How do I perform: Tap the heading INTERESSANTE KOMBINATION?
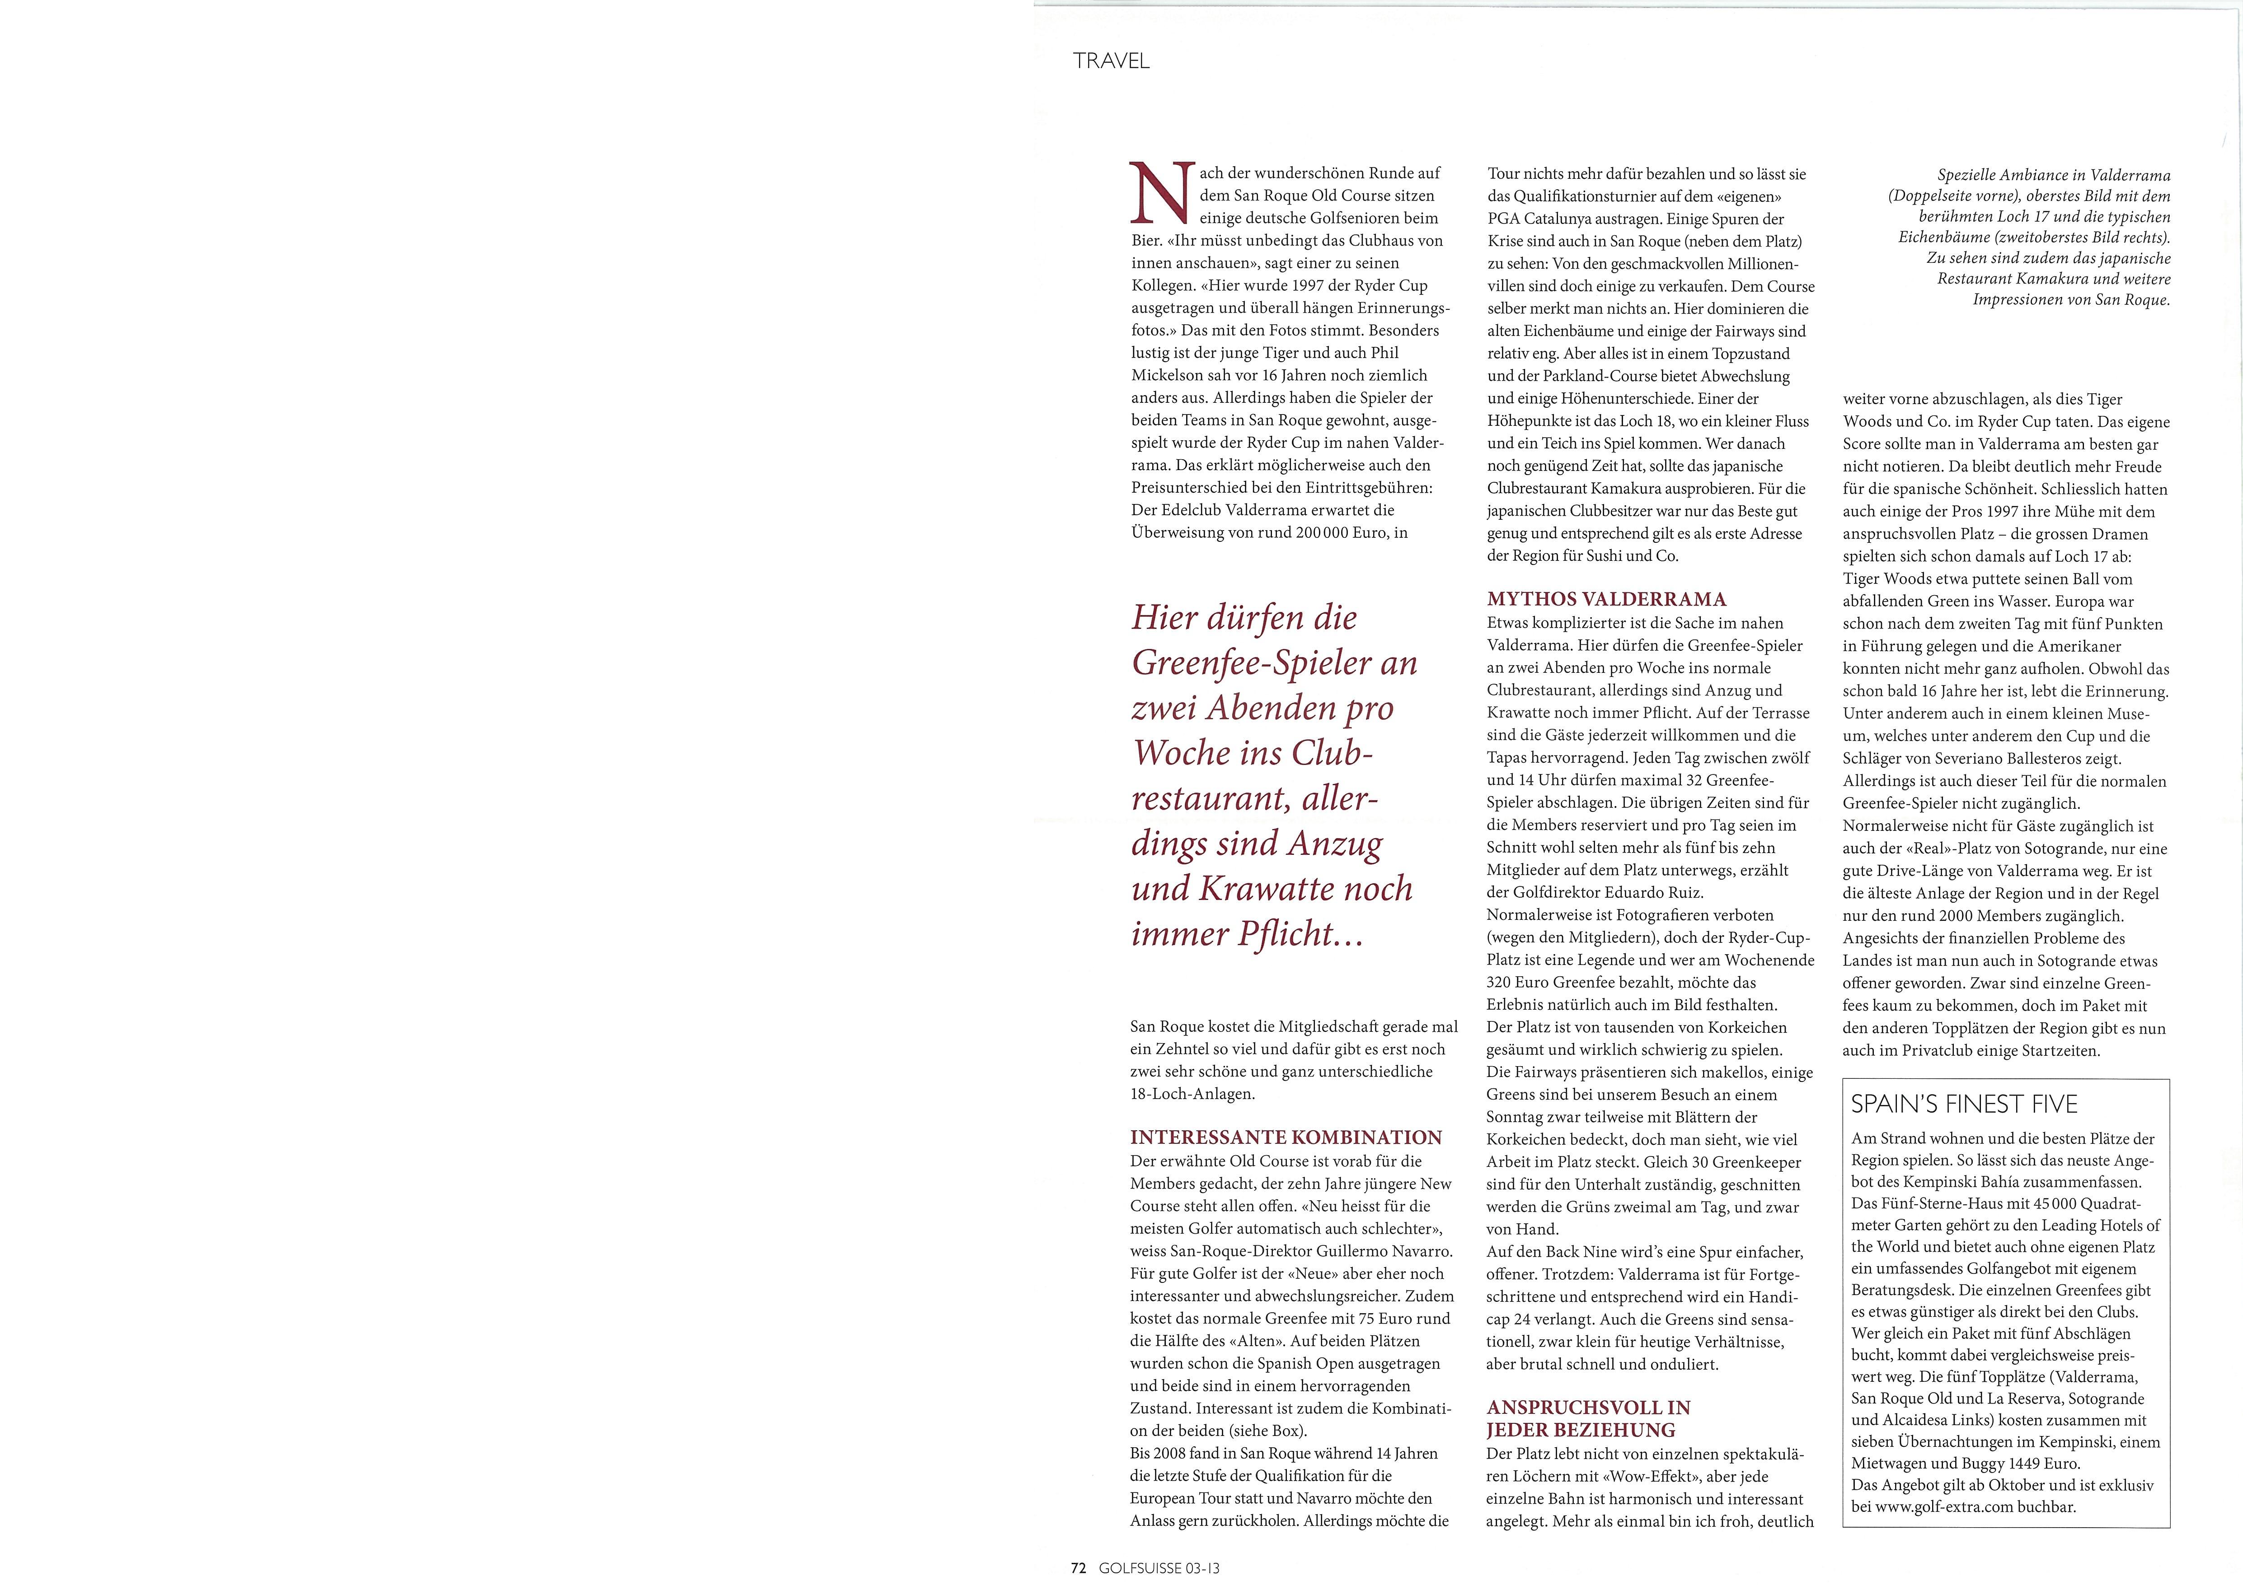pos(1286,1137)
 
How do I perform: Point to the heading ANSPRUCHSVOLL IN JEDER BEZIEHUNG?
pos(1587,1418)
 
